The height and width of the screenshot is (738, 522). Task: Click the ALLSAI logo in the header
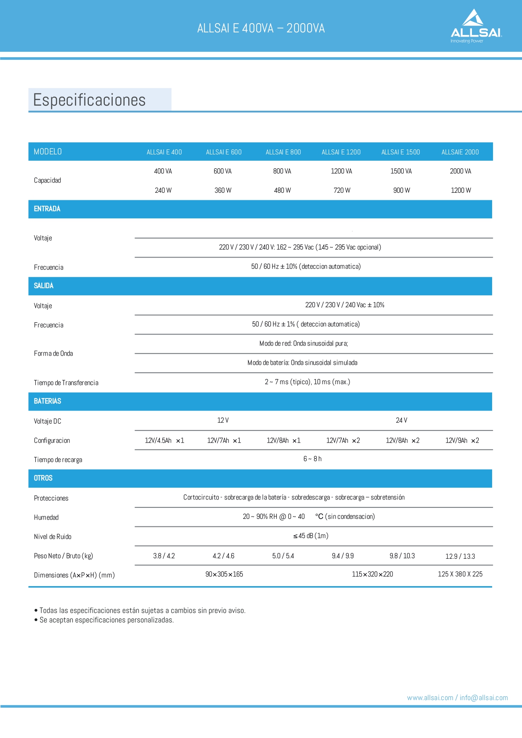[475, 27]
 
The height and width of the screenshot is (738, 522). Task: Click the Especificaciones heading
[89, 100]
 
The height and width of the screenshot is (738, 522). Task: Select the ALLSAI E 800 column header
[283, 152]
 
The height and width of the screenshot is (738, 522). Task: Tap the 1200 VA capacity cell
[341, 171]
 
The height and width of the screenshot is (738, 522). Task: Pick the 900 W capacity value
[401, 191]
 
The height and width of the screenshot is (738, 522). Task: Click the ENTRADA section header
[47, 209]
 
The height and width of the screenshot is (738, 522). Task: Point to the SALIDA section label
[44, 286]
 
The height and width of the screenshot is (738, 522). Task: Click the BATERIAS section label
[48, 401]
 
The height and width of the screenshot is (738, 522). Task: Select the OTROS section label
[43, 478]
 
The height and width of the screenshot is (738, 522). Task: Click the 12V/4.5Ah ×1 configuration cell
[164, 441]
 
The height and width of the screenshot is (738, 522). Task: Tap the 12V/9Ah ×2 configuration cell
[462, 441]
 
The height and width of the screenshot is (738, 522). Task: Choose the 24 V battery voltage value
[401, 421]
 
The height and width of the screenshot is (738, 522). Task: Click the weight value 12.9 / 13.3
[460, 556]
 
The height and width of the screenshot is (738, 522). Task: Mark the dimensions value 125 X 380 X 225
[460, 574]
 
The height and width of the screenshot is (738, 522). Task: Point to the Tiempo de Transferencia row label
[66, 383]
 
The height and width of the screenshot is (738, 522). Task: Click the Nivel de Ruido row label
[53, 537]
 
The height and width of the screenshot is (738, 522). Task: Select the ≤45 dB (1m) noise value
[311, 536]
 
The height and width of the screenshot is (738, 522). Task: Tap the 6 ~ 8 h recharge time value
[312, 459]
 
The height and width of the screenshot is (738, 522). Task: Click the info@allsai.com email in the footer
[484, 698]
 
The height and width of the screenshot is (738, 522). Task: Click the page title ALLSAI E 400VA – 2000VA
[261, 28]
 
